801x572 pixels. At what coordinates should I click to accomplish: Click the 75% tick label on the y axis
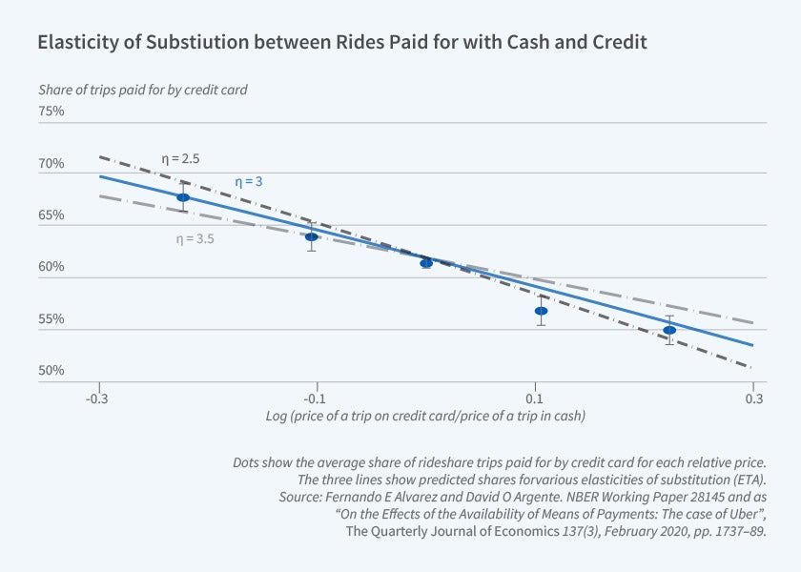coord(51,112)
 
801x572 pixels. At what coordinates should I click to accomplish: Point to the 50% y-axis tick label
coord(51,371)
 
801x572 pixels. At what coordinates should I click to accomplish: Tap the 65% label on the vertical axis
coord(51,215)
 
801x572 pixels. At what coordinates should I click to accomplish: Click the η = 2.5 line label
coord(179,158)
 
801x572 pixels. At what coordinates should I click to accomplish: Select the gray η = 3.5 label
coord(195,239)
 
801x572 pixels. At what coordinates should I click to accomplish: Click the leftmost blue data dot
coord(183,197)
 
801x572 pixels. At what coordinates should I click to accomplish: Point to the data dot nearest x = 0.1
coord(541,311)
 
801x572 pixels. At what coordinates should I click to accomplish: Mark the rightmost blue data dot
coord(669,330)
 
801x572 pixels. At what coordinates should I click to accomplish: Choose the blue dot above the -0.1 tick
coord(311,236)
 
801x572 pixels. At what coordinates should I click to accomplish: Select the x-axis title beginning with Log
coord(425,417)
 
